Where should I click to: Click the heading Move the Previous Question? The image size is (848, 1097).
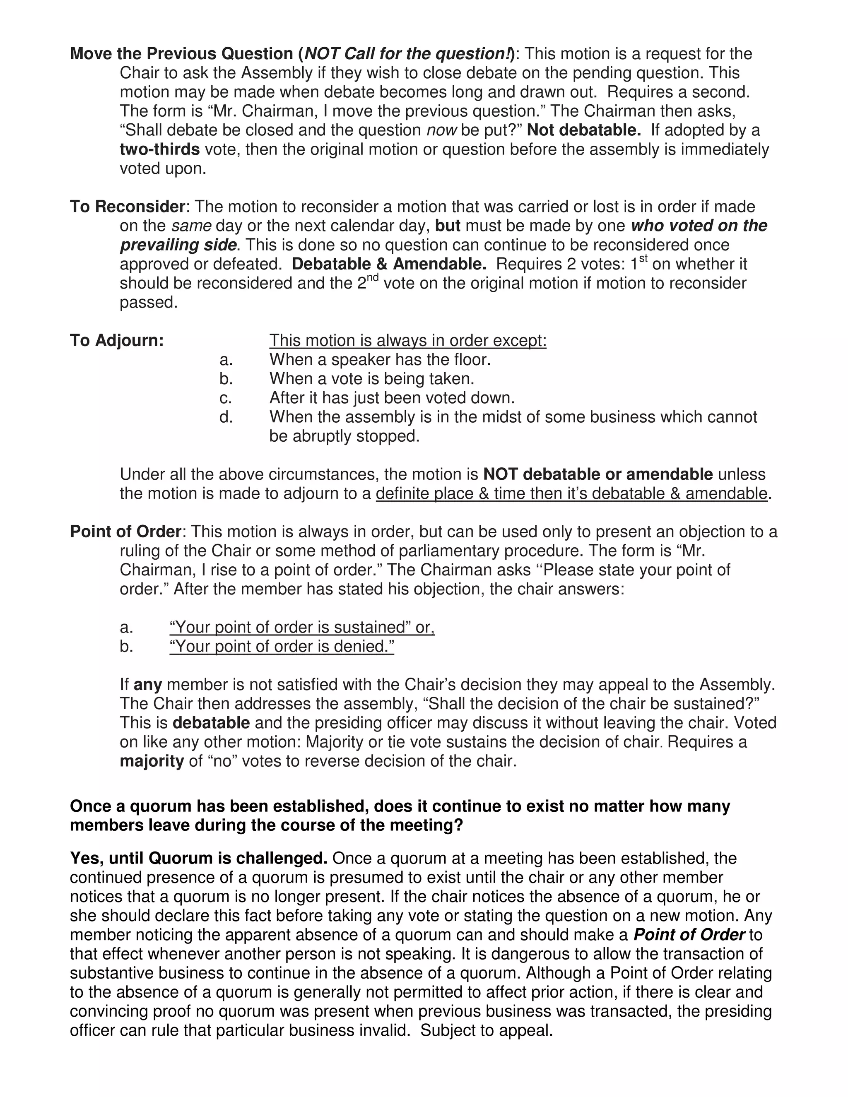(181, 54)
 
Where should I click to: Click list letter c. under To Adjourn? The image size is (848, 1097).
(226, 398)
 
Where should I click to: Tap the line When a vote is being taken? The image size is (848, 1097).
(372, 378)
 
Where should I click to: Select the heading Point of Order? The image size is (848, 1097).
(125, 532)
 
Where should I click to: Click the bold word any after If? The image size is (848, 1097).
(148, 685)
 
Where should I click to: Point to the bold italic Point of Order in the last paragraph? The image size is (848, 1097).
(689, 935)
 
